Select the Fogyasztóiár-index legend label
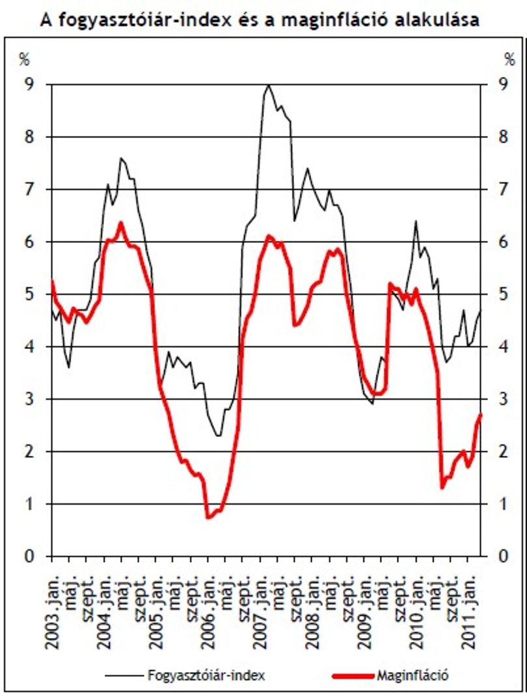click(206, 675)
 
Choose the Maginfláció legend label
click(412, 675)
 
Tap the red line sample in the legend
click(354, 676)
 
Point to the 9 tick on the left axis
click(29, 84)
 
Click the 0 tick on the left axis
click(29, 556)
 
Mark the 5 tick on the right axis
click(504, 294)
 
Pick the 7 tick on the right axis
click(504, 189)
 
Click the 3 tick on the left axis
click(29, 399)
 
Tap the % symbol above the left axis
click(24, 59)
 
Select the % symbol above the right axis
click(509, 59)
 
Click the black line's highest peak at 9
click(268, 85)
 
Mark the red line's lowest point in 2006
click(208, 517)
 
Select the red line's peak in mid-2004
click(120, 222)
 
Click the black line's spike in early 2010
click(416, 221)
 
